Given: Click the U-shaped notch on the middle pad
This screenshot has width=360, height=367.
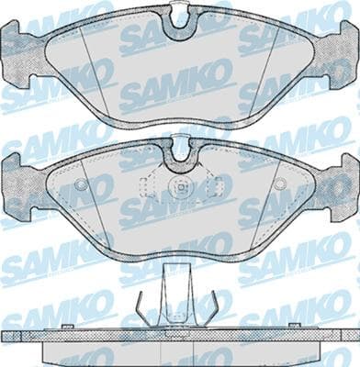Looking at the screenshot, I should click(181, 158).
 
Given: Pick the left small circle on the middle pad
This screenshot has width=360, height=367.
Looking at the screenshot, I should click(81, 184).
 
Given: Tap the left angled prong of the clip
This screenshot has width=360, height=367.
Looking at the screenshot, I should click(142, 307).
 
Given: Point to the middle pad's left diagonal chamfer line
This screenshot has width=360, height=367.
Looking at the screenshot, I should click(89, 197).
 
